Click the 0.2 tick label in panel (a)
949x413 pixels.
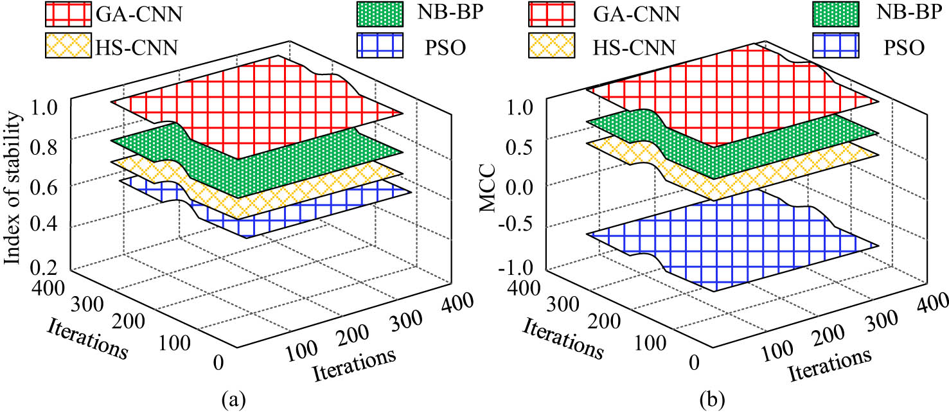(x=49, y=265)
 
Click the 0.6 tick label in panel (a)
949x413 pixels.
(x=49, y=186)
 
